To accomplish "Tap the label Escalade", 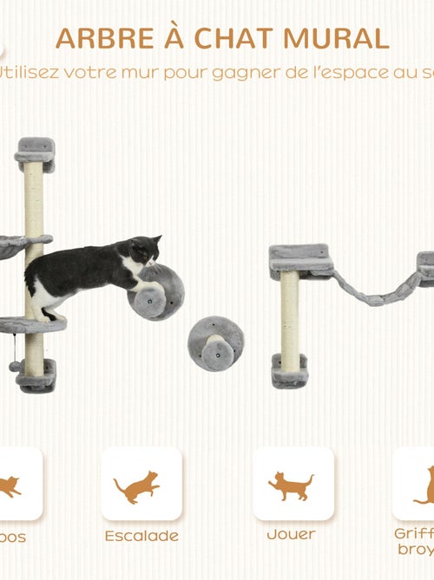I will coord(141,536).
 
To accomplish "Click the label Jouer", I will coord(291,535).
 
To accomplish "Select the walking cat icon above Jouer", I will coord(291,486).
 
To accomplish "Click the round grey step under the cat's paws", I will coord(156,293).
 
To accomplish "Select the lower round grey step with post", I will coord(215,343).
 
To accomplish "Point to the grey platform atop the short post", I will coord(300,257).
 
